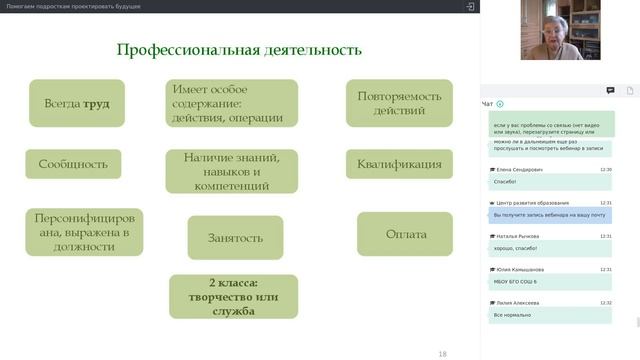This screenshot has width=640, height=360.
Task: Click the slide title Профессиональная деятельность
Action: coord(239,50)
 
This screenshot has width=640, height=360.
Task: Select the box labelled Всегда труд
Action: coord(77,103)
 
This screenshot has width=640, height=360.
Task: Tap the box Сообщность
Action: coord(73,164)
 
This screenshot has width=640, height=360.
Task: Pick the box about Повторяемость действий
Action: coord(393,103)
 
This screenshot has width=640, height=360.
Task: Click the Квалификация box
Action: coord(393,164)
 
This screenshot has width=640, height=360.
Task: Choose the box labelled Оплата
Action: coord(406,234)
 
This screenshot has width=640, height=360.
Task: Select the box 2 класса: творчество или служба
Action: coord(233,296)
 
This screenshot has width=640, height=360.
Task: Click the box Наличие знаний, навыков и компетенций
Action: coord(233,171)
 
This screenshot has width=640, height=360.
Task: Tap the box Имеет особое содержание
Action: coord(233,103)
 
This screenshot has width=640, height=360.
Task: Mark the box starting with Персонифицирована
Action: coord(83,233)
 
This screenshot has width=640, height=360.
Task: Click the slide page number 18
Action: coord(443,353)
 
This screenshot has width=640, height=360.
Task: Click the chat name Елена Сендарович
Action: coord(519,170)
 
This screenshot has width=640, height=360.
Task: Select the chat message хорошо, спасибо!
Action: coord(516,248)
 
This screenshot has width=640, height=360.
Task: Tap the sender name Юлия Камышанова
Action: coord(520,270)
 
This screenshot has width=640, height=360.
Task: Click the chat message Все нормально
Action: coord(512,315)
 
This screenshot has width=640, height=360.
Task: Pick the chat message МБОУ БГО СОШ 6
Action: coord(516,282)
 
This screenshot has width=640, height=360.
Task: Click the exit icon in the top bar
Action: coord(470,6)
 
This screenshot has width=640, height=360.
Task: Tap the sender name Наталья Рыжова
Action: coord(517,236)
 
